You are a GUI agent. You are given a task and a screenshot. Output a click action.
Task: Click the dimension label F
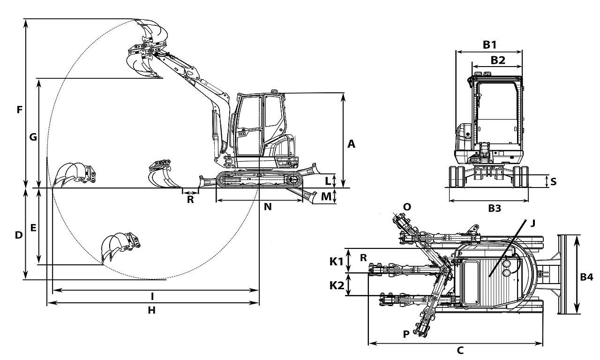(19, 110)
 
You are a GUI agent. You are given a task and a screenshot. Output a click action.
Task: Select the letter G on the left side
(33, 137)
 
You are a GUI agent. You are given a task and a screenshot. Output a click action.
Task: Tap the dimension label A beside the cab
(351, 144)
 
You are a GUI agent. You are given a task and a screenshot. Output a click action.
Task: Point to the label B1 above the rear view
(489, 45)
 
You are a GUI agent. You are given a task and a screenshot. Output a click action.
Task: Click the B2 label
(498, 60)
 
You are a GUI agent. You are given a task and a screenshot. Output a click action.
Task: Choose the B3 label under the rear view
(495, 208)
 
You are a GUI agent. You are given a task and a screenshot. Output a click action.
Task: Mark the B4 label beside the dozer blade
(586, 277)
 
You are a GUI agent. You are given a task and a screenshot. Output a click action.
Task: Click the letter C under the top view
(460, 350)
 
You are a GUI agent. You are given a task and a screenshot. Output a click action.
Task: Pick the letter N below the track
(268, 207)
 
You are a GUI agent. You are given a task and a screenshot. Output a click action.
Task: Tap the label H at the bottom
(151, 310)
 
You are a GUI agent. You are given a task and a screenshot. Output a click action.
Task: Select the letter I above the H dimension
(152, 297)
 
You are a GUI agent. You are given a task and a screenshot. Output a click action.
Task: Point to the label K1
(336, 262)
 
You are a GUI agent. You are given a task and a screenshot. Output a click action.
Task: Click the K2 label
(337, 285)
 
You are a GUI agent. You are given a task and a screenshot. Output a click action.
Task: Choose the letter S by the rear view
(554, 181)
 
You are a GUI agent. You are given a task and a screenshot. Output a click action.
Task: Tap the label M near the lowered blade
(326, 196)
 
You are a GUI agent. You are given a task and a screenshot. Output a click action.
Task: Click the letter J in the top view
(533, 223)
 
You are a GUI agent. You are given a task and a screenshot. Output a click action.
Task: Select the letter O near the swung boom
(407, 207)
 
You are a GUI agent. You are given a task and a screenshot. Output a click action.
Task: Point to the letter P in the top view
(406, 334)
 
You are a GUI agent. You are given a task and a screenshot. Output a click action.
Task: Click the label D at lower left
(18, 235)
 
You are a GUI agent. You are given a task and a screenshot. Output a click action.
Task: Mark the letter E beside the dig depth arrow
(33, 228)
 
